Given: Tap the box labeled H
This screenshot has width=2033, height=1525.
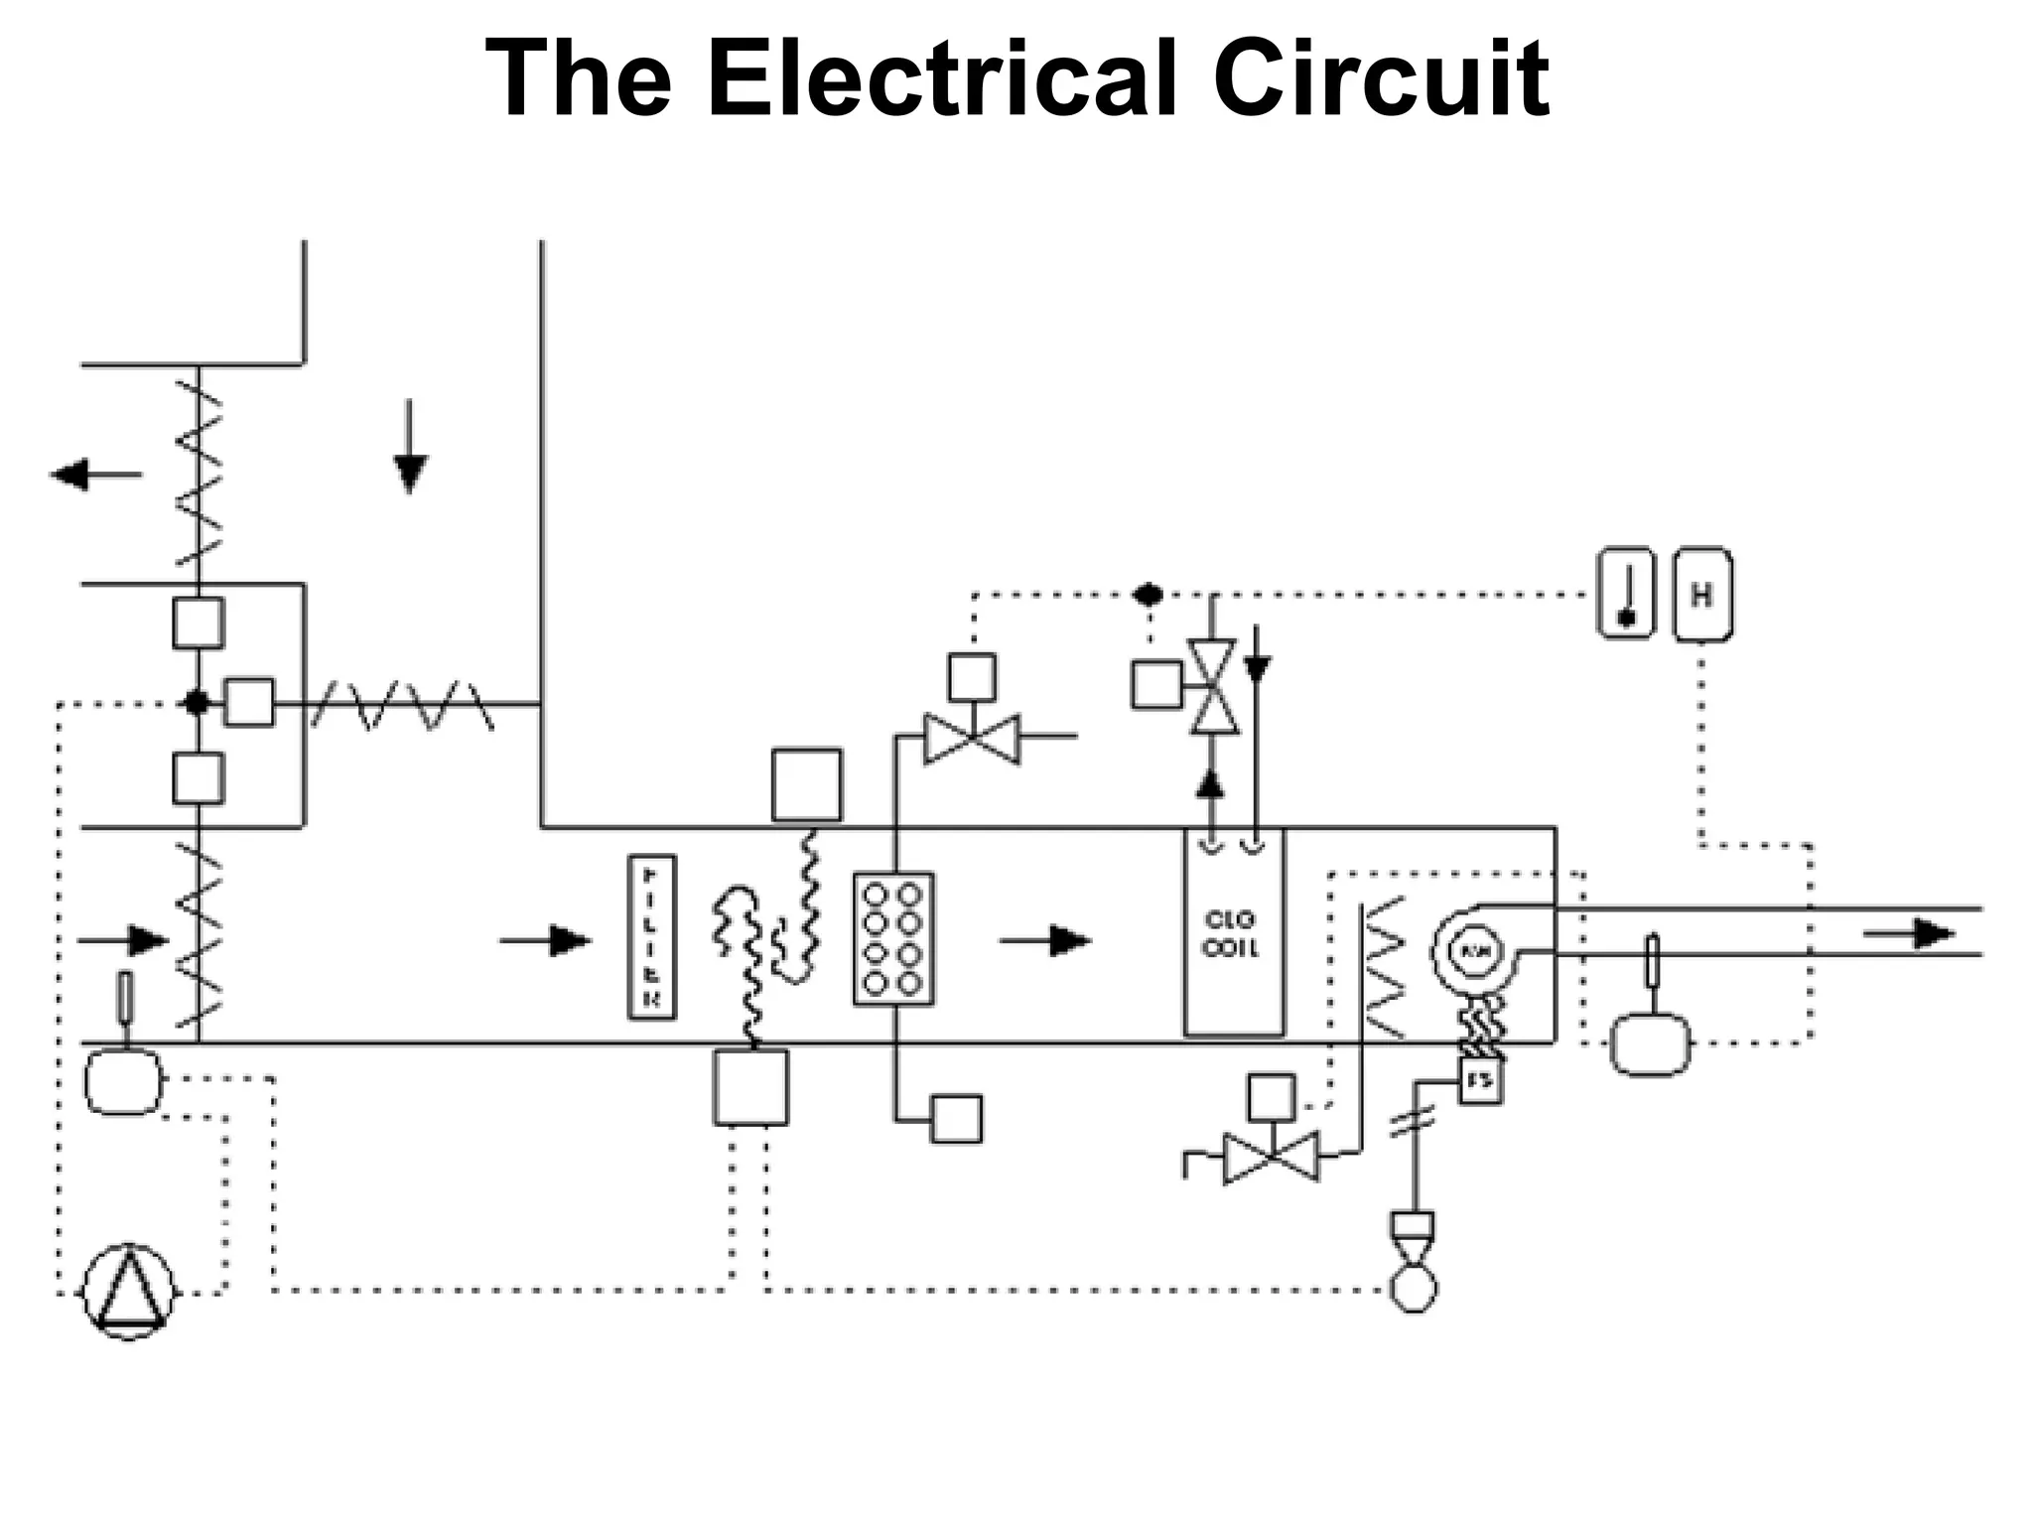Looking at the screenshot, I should click(x=1701, y=595).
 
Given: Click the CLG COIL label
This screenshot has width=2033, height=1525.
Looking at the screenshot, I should click(x=1231, y=934).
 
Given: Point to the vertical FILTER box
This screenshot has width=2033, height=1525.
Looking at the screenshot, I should click(x=651, y=937).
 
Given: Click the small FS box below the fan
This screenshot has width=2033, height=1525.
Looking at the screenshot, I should click(x=1480, y=1081).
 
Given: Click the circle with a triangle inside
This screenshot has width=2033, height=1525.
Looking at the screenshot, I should click(x=129, y=1291).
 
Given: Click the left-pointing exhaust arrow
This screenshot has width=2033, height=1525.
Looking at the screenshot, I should click(x=95, y=475).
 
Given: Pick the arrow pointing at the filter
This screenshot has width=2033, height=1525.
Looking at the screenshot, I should click(x=546, y=939).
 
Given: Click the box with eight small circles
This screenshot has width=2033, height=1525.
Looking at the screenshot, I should click(x=893, y=939).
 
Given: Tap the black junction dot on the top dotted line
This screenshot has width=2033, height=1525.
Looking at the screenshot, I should click(x=1149, y=595).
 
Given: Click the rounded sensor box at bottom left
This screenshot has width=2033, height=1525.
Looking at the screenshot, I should click(x=122, y=1081).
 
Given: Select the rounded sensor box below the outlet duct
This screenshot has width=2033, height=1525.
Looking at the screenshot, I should click(x=1649, y=1043).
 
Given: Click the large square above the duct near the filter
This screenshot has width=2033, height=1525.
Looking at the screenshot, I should click(x=806, y=785).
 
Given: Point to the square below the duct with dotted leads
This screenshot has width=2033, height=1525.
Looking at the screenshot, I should click(x=750, y=1087).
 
